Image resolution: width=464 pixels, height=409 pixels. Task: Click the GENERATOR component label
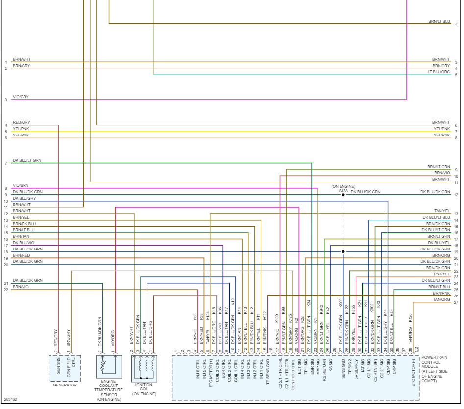pos(65,385)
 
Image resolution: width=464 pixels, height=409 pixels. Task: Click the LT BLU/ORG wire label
pos(439,72)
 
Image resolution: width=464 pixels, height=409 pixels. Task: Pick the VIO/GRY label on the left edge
pos(21,97)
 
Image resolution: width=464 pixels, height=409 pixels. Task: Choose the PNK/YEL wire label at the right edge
pos(441,274)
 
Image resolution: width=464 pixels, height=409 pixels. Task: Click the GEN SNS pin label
pos(58,367)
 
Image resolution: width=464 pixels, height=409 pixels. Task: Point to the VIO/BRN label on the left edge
pos(21,185)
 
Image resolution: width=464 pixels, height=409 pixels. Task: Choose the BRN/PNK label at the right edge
pos(441,293)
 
